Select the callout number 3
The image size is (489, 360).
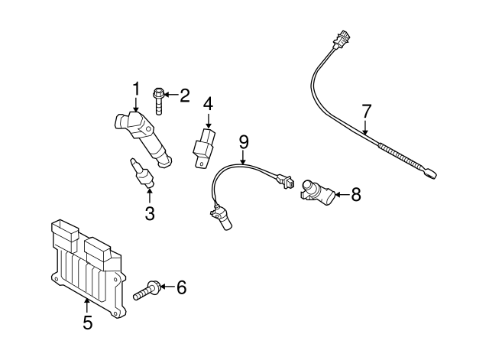point(150,214)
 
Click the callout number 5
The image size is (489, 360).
point(87,323)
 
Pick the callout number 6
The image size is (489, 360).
point(181,287)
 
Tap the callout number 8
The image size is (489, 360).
point(355,195)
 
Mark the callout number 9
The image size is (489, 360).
point(244,141)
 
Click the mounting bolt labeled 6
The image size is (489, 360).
point(147,290)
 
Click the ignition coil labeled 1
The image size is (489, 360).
point(144,138)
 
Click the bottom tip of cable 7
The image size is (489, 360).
point(431,174)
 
